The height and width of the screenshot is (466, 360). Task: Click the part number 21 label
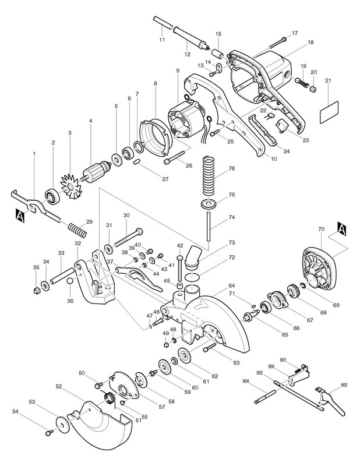coord(328,80)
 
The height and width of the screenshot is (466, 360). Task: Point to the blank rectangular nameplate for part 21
coord(329,112)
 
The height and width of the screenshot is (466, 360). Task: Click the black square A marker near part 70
coord(341,228)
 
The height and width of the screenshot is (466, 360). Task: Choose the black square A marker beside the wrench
coord(20,216)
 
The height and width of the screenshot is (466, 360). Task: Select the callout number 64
coord(232,286)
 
